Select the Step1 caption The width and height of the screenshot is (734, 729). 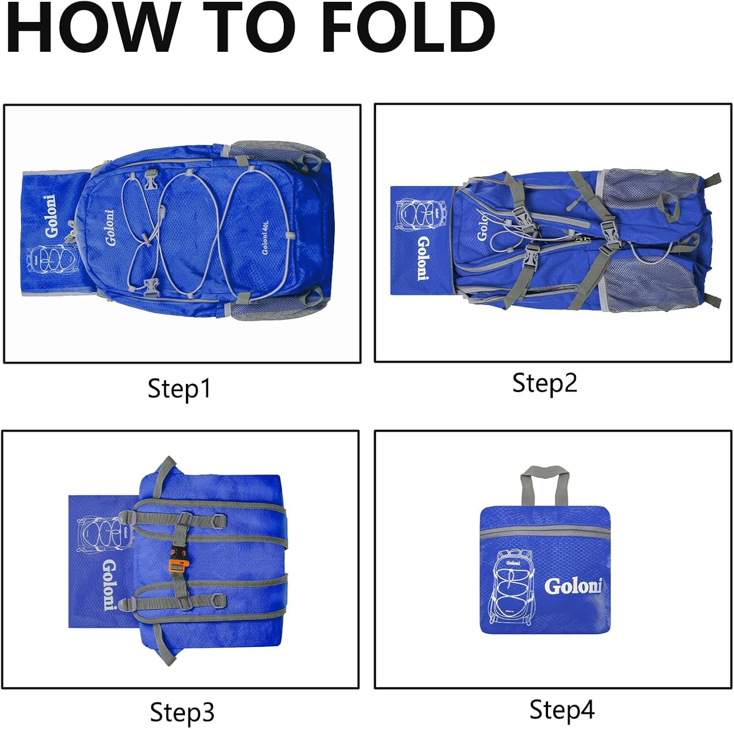click(x=179, y=389)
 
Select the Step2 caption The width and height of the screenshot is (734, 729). click(x=545, y=383)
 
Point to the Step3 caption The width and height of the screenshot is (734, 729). click(x=182, y=712)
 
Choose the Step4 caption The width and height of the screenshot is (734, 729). click(x=562, y=709)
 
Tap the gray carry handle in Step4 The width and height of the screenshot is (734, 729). click(x=544, y=484)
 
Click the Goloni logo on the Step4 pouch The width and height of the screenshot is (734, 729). click(x=573, y=586)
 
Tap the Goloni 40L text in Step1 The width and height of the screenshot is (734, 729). click(x=265, y=237)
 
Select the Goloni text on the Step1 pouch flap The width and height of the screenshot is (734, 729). click(x=51, y=216)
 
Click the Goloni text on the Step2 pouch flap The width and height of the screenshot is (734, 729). click(x=423, y=258)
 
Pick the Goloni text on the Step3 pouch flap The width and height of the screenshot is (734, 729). click(x=109, y=585)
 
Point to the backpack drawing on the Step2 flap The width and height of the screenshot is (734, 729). click(x=414, y=215)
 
